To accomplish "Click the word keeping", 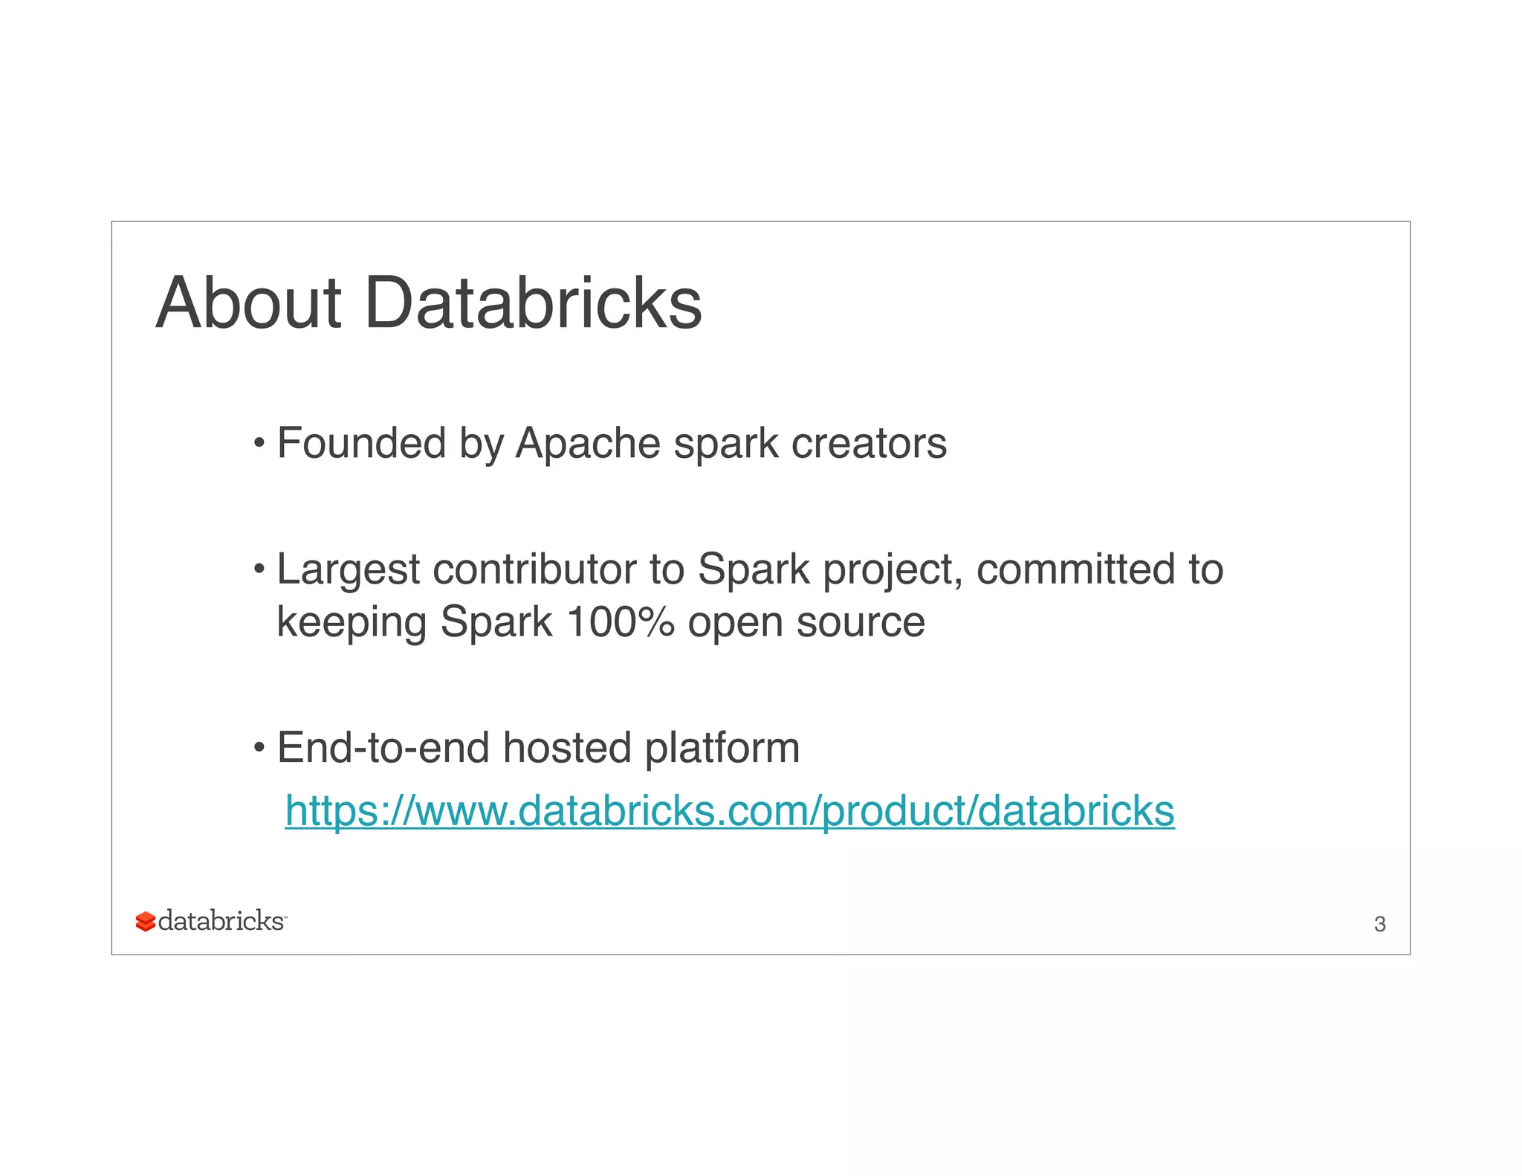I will pos(352,623).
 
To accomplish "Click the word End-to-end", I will pos(383,747).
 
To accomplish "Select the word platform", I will pos(722,749).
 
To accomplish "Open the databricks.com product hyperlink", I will pos(729,810).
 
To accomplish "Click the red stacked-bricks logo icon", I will pos(145,922).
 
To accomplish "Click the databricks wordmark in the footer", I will pos(221,921).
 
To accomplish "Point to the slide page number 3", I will pos(1379,924).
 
